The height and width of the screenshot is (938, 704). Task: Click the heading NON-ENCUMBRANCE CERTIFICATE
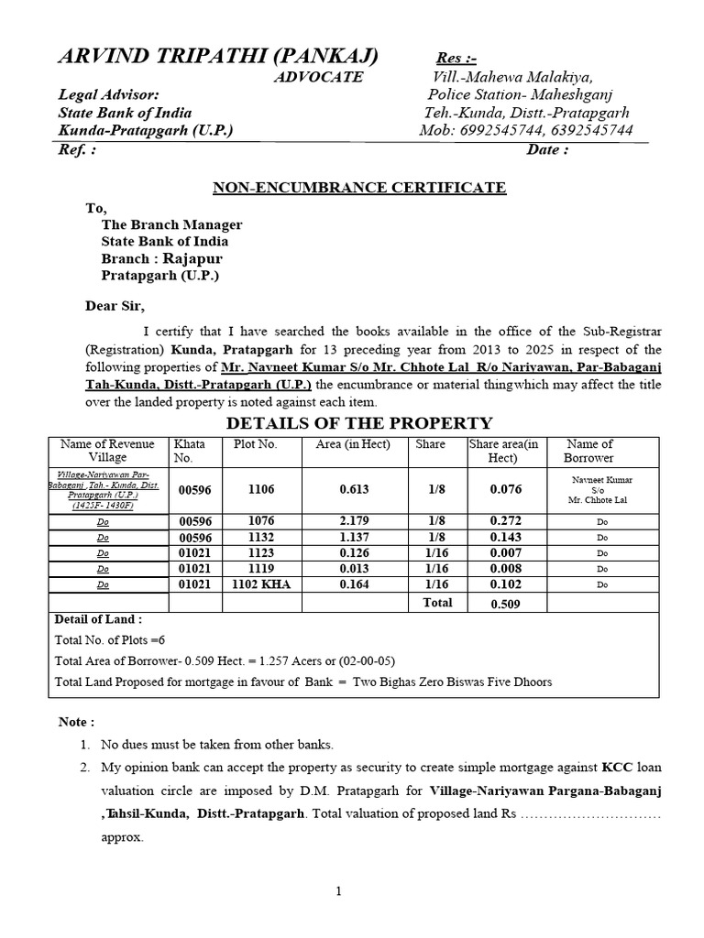359,188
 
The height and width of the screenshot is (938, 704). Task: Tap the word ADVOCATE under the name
319,77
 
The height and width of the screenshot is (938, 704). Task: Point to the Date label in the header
547,150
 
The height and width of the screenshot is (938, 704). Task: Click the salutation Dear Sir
115,306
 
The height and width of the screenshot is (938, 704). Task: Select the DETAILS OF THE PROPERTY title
358,422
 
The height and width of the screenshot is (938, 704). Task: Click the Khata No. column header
190,451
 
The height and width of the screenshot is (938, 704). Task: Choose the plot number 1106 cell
260,490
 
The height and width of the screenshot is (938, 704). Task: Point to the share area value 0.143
505,537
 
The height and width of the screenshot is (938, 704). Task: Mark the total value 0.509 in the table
505,604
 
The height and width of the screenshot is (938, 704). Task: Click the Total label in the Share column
437,602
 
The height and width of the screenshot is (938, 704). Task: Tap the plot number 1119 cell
260,568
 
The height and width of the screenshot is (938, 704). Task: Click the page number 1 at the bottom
337,890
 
